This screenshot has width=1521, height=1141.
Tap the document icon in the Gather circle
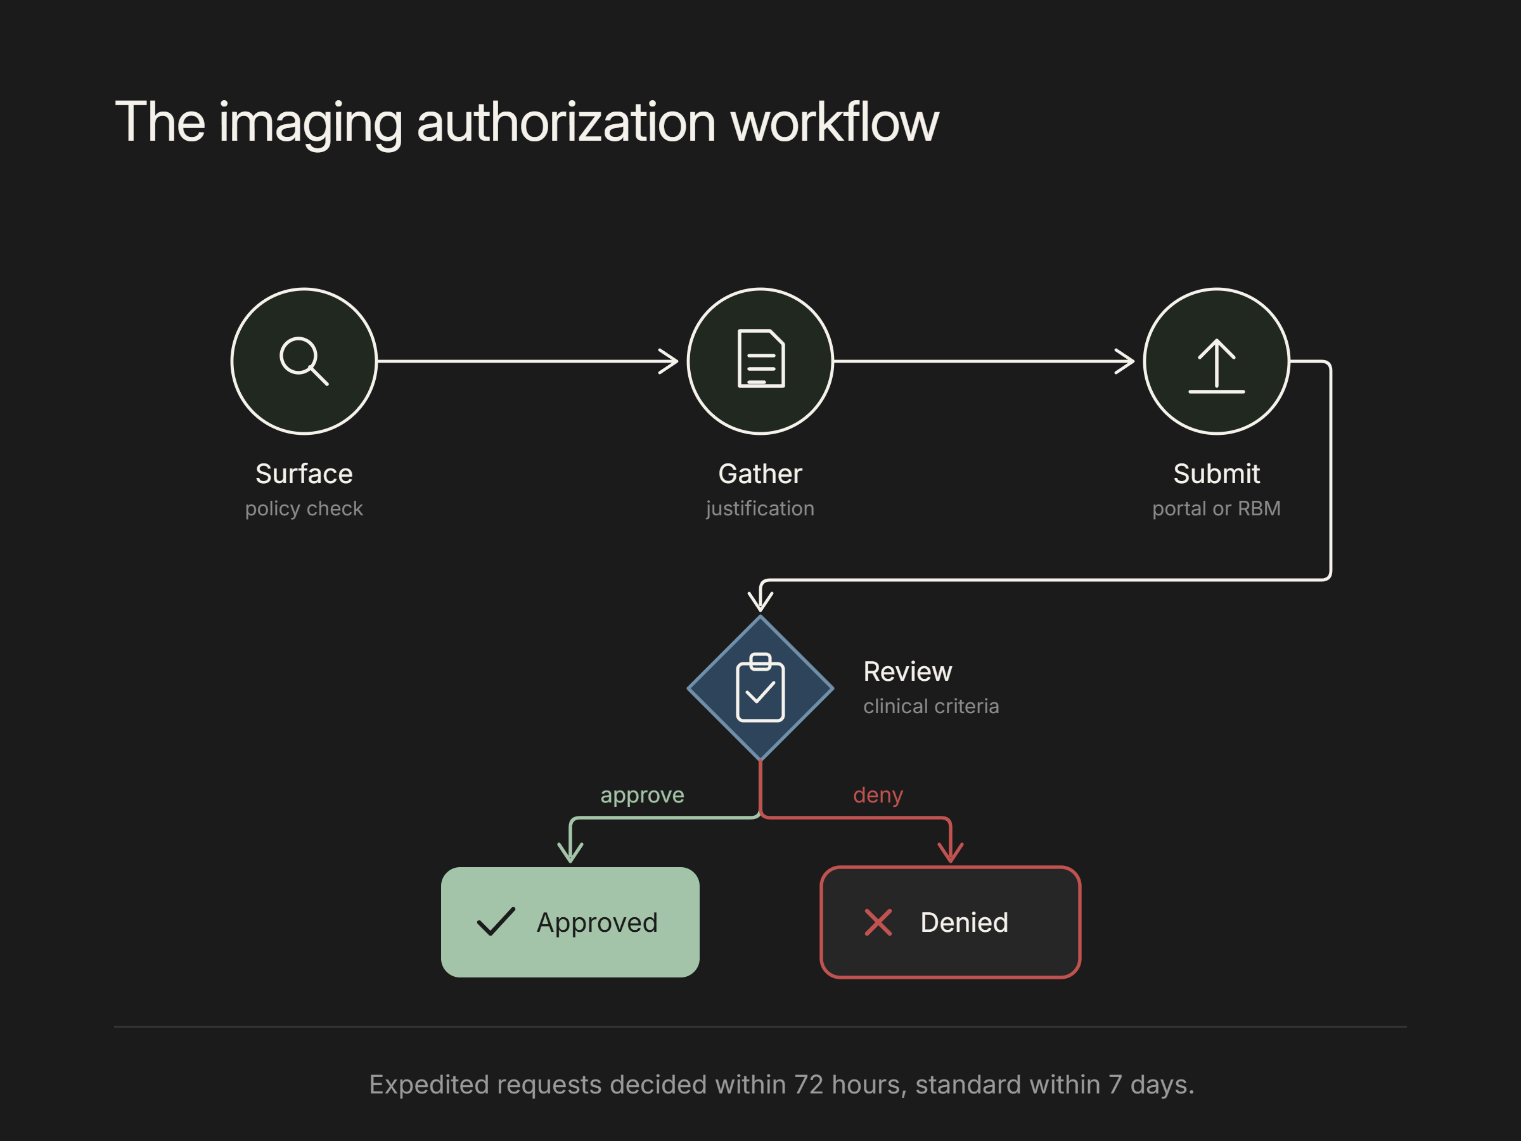pos(760,358)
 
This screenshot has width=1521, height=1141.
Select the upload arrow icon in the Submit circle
pos(1216,366)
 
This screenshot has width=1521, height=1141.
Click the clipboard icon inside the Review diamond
pos(760,688)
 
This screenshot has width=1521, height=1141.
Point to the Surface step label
pos(304,474)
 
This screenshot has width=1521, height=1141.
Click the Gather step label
pos(760,474)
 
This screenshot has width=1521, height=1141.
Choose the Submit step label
pos(1216,474)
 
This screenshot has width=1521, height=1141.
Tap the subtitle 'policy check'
pos(304,509)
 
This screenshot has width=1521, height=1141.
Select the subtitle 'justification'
pos(760,509)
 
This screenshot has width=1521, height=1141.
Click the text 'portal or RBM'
pos(1216,508)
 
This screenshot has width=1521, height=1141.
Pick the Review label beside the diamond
pos(908,672)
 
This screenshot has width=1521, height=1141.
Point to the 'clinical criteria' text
pos(931,706)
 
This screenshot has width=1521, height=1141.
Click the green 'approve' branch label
pos(642,796)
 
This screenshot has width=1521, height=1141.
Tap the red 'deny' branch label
pos(878,795)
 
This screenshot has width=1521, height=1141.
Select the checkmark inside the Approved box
pos(496,922)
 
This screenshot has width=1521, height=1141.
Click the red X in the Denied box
pos(878,922)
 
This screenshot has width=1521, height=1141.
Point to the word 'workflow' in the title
pos(834,122)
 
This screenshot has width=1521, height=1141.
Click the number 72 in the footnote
pos(809,1085)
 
